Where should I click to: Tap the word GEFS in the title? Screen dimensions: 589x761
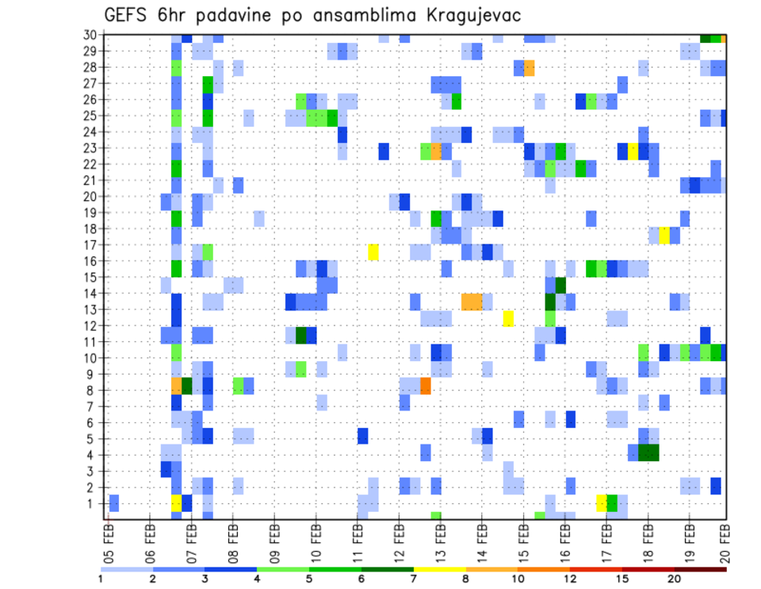coord(128,15)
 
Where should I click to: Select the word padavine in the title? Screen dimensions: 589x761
coord(239,15)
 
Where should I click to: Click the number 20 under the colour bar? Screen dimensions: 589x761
coord(675,579)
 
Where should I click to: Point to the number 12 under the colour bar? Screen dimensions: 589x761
coord(571,579)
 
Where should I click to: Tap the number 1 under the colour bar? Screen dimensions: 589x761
coord(101,579)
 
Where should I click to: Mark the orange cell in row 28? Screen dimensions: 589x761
coord(529,67)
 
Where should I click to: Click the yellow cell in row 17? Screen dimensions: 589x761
coord(373,252)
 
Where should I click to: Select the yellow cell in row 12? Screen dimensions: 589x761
coord(508,318)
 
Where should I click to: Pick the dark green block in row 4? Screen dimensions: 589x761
coord(648,452)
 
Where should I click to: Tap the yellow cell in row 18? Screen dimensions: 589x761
coord(664,235)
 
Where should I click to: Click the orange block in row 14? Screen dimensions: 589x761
coord(472,302)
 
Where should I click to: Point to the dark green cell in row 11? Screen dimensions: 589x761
coord(300,335)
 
